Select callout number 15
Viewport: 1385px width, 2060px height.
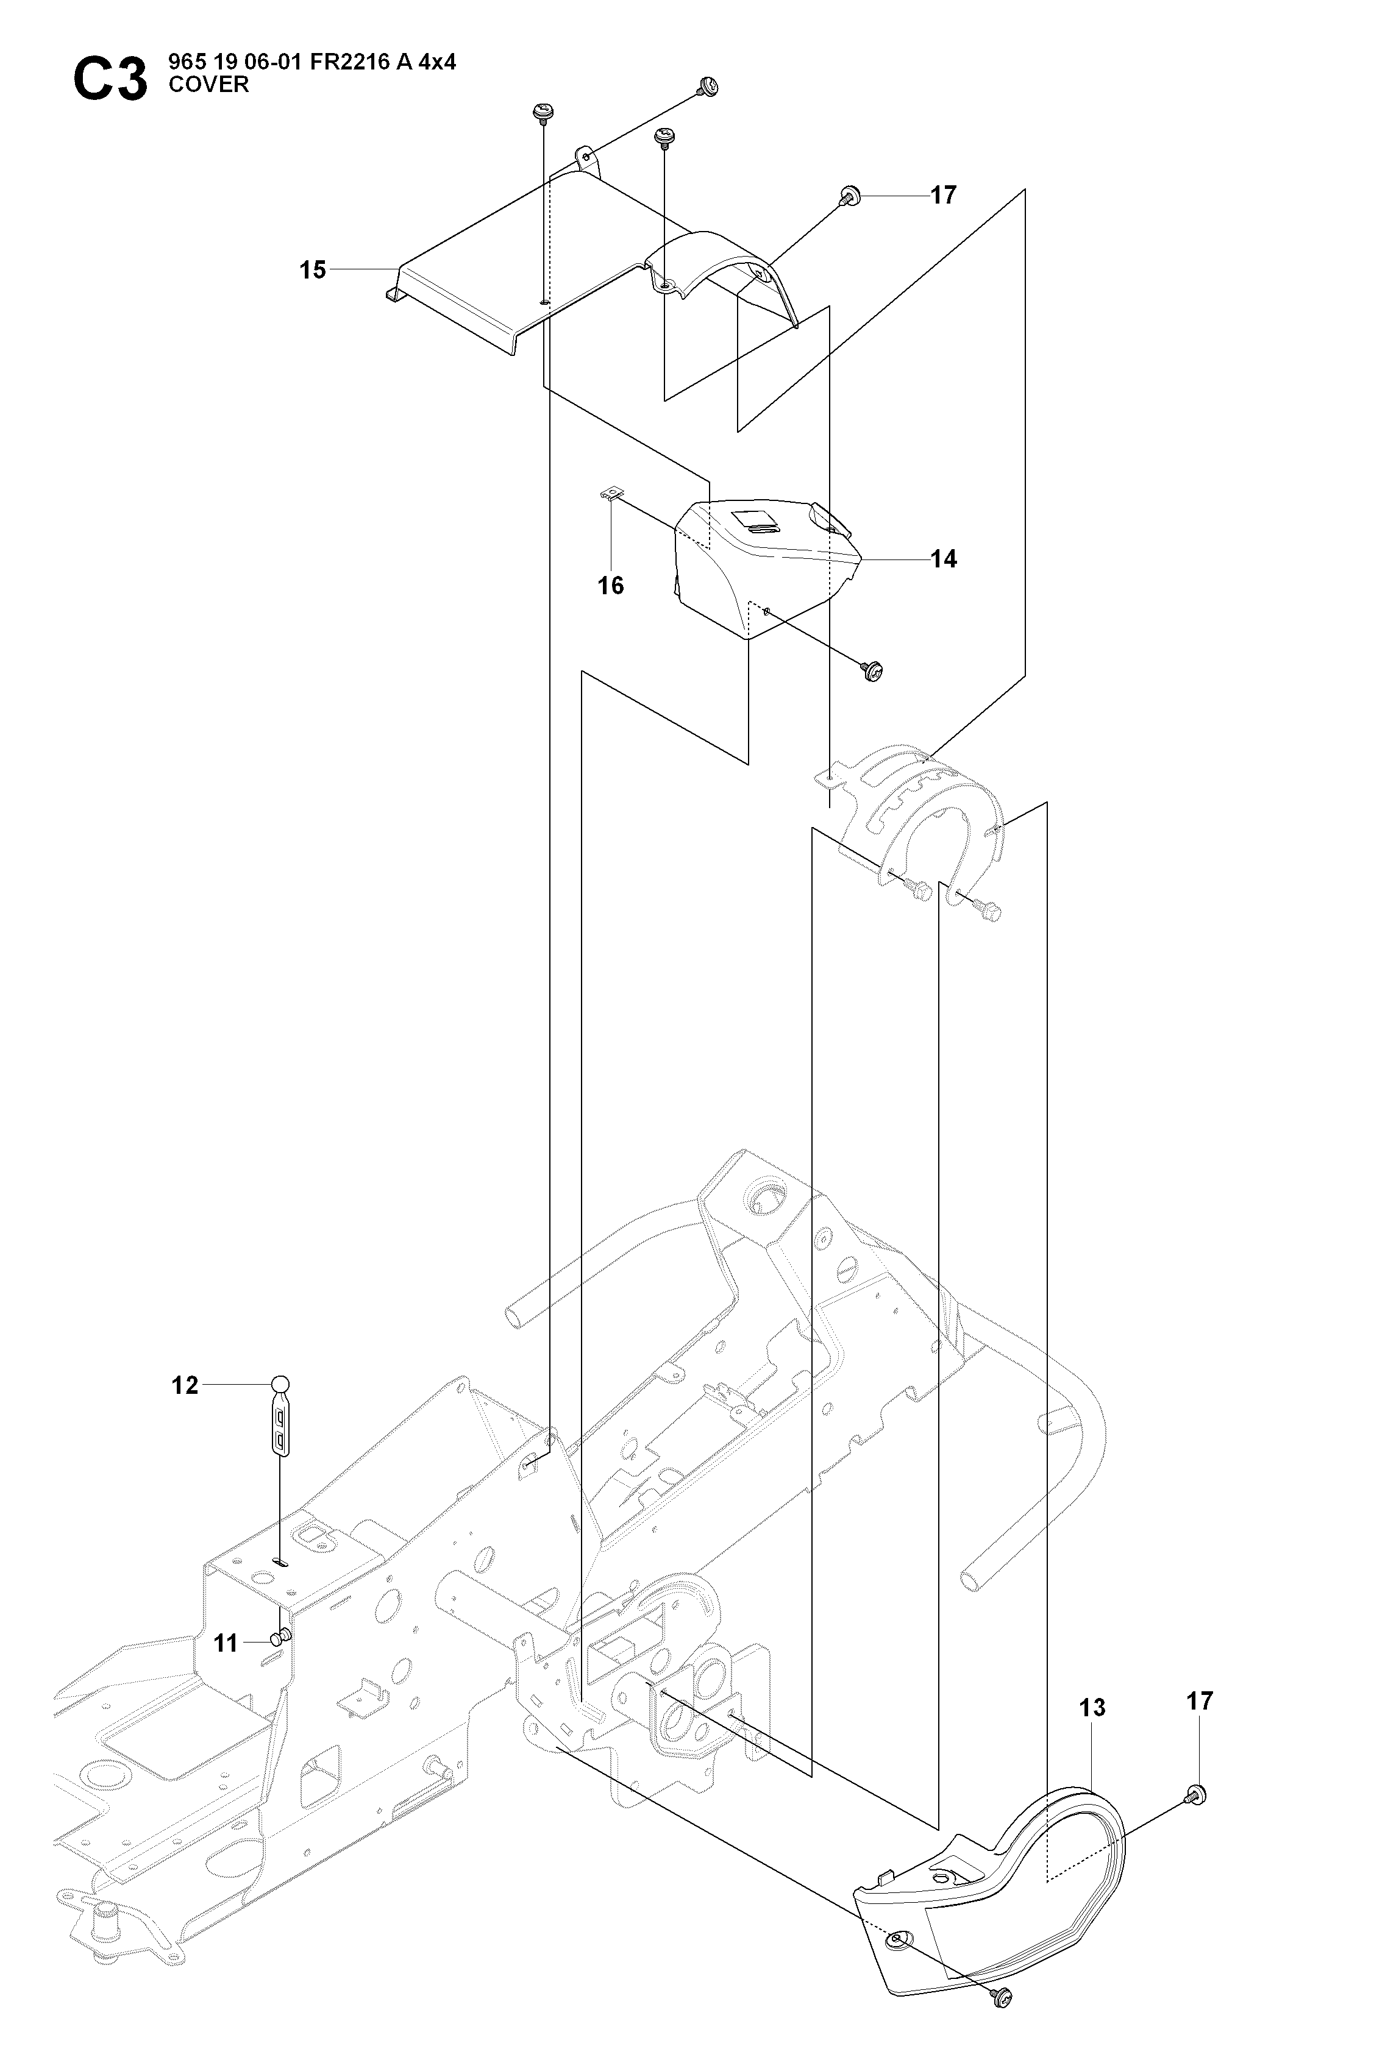[313, 269]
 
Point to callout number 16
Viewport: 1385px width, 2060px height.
[610, 586]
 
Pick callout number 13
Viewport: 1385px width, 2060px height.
[1092, 1708]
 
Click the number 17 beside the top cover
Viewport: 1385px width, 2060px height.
[944, 195]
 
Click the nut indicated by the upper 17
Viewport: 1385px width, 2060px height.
[852, 195]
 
